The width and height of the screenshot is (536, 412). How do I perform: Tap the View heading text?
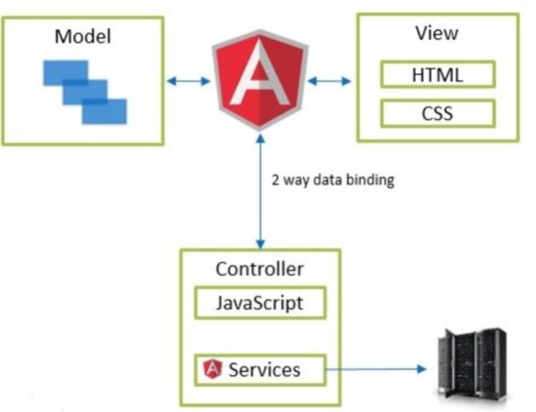436,33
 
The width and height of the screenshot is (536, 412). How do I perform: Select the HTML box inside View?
437,75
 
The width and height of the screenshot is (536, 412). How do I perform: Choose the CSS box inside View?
437,114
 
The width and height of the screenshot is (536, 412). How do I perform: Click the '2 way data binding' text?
332,180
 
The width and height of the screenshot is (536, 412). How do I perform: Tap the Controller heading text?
259,269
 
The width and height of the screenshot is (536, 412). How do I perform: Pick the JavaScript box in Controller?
259,303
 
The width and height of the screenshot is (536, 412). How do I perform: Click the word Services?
264,369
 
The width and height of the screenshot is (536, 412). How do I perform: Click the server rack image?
470,364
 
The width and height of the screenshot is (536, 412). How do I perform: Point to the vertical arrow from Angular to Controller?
259,196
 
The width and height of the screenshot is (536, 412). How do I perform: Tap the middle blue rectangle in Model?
84,91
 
